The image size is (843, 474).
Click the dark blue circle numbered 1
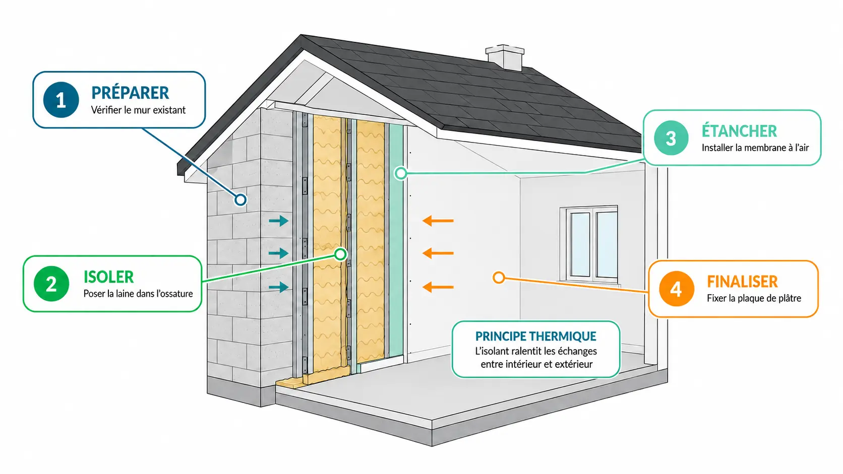coord(61,100)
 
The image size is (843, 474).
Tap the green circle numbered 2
coord(51,284)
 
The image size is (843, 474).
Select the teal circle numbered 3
coord(671,138)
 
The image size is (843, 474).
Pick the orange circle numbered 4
coord(676,289)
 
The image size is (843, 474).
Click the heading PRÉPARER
coord(130,93)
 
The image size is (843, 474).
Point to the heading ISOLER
coord(108,277)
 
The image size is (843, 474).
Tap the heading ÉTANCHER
coord(739,131)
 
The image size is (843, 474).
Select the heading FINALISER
coord(742,282)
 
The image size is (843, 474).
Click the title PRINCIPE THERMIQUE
coord(535,336)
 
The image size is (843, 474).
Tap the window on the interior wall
coord(589,244)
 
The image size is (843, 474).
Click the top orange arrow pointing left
coord(438,221)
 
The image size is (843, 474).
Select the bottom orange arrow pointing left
coord(438,287)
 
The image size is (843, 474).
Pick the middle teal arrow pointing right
coord(278,253)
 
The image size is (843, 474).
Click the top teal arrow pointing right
coord(278,221)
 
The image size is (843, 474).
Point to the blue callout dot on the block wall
coord(240,199)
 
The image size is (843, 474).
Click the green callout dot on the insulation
coord(341,254)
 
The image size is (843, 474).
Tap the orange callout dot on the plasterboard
coord(499,278)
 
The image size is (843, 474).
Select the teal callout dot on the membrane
coord(401,173)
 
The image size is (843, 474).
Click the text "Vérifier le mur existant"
coord(138,110)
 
